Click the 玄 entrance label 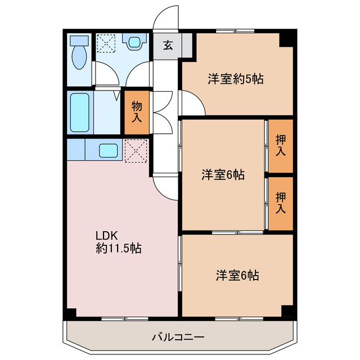click(168, 46)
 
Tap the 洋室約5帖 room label click(235, 79)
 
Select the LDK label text click(105, 235)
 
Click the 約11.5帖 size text click(118, 248)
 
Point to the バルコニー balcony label click(178, 337)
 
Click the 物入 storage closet click(137, 111)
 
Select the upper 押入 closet click(280, 145)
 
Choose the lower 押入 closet click(280, 202)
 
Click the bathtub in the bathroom click(80, 111)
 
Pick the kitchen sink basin click(109, 150)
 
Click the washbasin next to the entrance click(134, 42)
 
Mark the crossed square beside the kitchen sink click(136, 150)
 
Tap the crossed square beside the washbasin click(105, 42)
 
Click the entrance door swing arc click(166, 17)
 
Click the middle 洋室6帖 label click(223, 175)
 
